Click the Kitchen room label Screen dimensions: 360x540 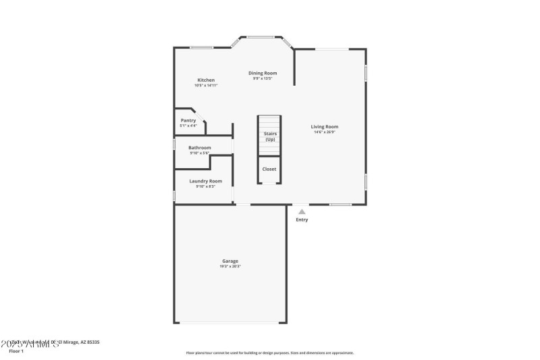206,80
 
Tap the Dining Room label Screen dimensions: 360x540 263,73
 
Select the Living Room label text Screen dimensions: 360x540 324,126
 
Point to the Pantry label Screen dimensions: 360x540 188,120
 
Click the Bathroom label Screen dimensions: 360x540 199,147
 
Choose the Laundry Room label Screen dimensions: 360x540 205,181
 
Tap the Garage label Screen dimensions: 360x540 230,261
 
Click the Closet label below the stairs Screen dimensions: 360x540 269,169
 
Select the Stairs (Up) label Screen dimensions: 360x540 269,136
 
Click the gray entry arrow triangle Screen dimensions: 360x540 302,211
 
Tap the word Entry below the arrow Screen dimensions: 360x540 302,220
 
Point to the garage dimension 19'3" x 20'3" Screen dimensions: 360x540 230,266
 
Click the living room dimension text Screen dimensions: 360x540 324,132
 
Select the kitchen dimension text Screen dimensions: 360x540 206,85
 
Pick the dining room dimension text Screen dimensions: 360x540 263,78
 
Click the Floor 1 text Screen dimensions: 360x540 16,351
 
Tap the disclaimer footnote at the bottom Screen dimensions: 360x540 269,353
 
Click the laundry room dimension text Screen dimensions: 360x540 205,186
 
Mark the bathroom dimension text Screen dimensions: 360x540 199,153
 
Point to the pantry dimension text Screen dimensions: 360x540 188,126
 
